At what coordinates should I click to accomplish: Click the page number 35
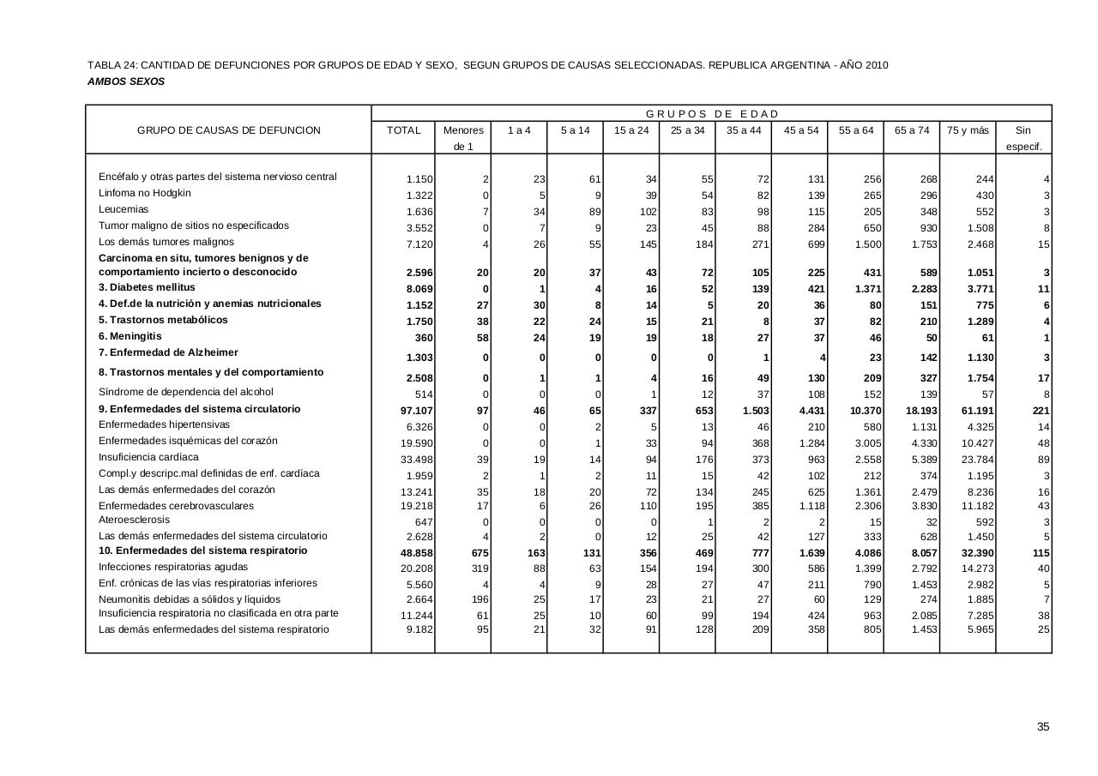point(1043,727)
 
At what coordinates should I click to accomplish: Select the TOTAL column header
point(404,130)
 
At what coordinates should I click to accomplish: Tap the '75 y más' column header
point(968,130)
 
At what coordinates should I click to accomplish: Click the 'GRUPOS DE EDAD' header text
point(712,114)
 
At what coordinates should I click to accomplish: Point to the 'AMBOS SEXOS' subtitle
point(126,81)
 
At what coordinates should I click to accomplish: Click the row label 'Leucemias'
point(124,209)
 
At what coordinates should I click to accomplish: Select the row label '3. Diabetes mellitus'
point(147,287)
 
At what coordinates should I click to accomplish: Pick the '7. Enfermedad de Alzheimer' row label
point(168,352)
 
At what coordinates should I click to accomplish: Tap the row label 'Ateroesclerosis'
point(134,520)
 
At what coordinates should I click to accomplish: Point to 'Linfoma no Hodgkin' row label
point(145,193)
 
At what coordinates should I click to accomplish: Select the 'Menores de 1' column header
point(463,138)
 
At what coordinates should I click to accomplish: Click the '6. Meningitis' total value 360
point(424,338)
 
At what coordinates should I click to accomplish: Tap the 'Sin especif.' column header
point(1023,138)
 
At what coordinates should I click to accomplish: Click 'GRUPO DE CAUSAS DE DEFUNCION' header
point(229,130)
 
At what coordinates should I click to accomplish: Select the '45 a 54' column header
point(800,130)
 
